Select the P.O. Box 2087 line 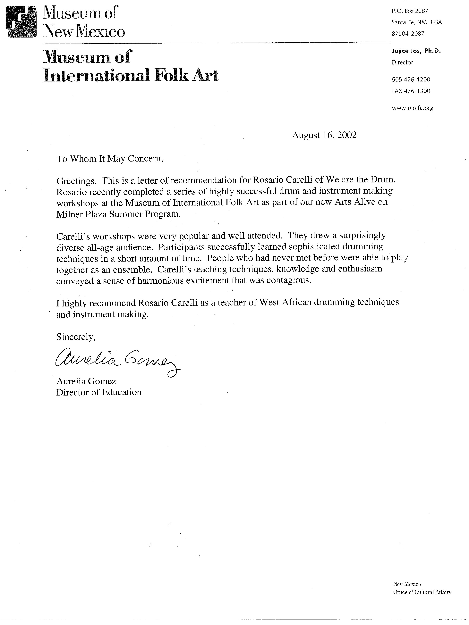click(410, 11)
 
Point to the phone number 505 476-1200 click(411, 79)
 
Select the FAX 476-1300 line click(411, 91)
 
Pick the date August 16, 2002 click(324, 135)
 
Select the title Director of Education click(99, 392)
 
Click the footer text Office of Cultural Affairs click(422, 592)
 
